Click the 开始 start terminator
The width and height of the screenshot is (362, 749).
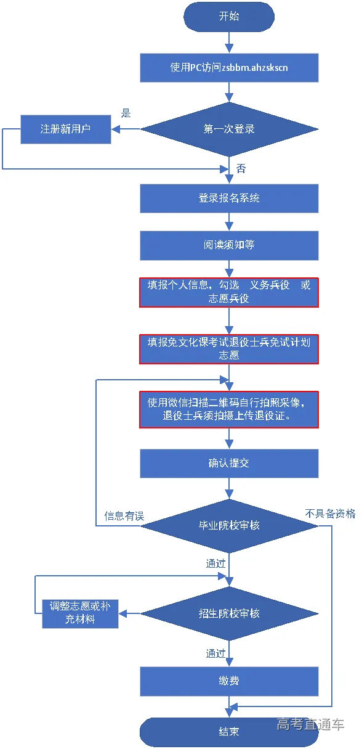[x=228, y=17]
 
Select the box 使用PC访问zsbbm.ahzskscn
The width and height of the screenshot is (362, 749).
[x=228, y=68]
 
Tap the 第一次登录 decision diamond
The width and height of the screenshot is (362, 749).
[x=229, y=129]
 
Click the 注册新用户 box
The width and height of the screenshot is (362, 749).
[x=66, y=129]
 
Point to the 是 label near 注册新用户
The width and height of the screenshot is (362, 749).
[x=126, y=113]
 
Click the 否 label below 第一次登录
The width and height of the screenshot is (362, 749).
[x=241, y=168]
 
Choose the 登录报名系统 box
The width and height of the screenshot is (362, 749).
[x=228, y=199]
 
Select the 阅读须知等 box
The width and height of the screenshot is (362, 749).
[x=228, y=245]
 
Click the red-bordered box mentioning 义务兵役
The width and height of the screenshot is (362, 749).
[x=228, y=292]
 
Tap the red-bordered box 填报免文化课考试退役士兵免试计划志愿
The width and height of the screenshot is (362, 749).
[x=228, y=348]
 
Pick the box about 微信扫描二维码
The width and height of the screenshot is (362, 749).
[x=228, y=409]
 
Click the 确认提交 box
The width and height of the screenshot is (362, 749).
[x=228, y=464]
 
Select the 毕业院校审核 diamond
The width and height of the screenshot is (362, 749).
[x=229, y=526]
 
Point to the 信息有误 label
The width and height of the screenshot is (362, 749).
[x=124, y=516]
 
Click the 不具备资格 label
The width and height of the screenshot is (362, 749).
[x=331, y=514]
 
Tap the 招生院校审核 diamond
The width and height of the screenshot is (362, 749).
[x=229, y=613]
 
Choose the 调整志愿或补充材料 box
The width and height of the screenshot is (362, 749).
[x=80, y=613]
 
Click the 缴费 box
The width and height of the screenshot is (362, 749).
[x=228, y=681]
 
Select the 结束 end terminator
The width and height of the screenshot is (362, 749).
[x=228, y=732]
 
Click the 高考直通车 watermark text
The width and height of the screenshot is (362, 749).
[x=310, y=724]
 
